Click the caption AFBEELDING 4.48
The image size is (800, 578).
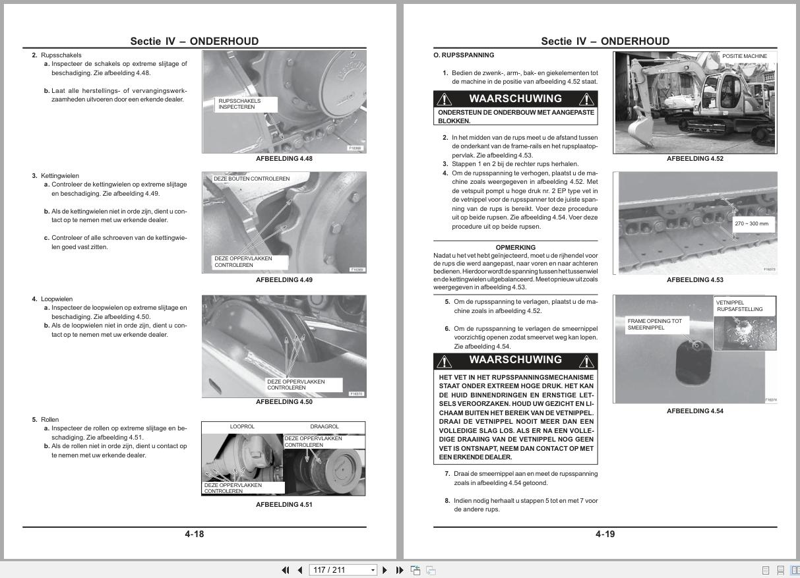pyautogui.click(x=284, y=159)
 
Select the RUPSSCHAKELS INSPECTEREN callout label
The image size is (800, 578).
pyautogui.click(x=245, y=104)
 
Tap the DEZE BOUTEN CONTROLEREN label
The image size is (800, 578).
pyautogui.click(x=251, y=179)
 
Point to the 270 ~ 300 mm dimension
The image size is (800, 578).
pyautogui.click(x=751, y=224)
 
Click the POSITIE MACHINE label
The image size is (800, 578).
pyautogui.click(x=744, y=57)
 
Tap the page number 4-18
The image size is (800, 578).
pyautogui.click(x=194, y=534)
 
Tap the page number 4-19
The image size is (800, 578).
pyautogui.click(x=605, y=534)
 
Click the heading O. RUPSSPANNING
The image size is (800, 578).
pyautogui.click(x=463, y=55)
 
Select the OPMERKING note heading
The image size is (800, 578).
pyautogui.click(x=515, y=248)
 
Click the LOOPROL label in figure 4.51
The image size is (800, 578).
pyautogui.click(x=242, y=427)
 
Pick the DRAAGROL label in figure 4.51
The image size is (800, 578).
pyautogui.click(x=324, y=427)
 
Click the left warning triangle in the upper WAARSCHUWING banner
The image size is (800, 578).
pyautogui.click(x=445, y=99)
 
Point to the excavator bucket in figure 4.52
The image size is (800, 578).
pyautogui.click(x=639, y=130)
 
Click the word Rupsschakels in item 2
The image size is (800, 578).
pyautogui.click(x=61, y=55)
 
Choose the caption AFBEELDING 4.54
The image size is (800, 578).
pyautogui.click(x=694, y=411)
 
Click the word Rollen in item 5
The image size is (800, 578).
pyautogui.click(x=49, y=420)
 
